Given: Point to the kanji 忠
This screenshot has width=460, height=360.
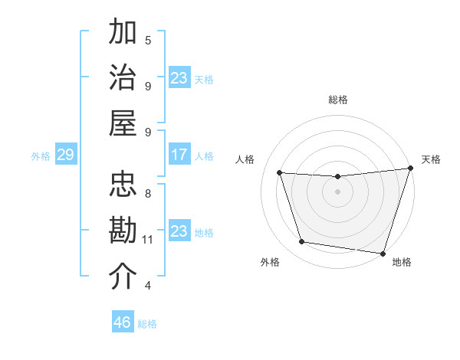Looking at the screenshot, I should pos(123,184).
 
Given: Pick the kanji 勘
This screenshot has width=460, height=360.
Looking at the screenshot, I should pos(123,230).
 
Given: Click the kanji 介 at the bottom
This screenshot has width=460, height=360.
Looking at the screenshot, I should pos(123,276).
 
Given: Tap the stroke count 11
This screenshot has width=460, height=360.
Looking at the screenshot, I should pos(148,240).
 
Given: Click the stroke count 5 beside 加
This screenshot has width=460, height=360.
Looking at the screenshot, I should pos(148,40).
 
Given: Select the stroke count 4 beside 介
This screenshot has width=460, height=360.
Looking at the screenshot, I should pos(148,286).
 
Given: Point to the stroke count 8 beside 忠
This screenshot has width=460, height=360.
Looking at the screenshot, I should pos(148,194).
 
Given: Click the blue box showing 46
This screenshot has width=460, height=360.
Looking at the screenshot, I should pos(123,322).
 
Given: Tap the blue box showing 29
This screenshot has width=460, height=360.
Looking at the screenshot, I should pos(65,155).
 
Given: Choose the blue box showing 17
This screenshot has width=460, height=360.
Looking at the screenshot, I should pos(179,155).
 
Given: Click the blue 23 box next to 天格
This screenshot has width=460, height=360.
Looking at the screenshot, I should pos(179,78).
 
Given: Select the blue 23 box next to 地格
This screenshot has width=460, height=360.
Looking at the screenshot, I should pos(179,231).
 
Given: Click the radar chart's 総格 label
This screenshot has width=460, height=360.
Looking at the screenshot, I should pos(337,100).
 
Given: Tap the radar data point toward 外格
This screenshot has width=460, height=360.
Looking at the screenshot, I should pos(301,242).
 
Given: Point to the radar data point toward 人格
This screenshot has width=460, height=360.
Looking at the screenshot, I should pos(280,173).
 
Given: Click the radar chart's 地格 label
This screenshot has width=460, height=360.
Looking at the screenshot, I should pos(402,262).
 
